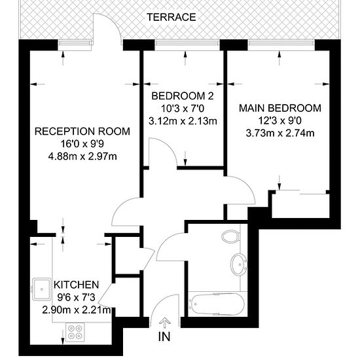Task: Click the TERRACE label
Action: [x=171, y=17]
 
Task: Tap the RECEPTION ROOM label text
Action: [x=82, y=131]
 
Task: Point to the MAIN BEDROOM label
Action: [x=279, y=108]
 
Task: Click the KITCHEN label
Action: [x=76, y=285]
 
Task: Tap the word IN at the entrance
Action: [x=166, y=338]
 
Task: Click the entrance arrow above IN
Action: [x=166, y=321]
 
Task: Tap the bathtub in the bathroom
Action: [x=217, y=304]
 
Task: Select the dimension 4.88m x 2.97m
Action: [x=82, y=156]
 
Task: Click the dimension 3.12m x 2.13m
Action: [x=183, y=120]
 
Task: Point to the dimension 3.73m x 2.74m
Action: [x=279, y=133]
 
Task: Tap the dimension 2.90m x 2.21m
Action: [x=76, y=310]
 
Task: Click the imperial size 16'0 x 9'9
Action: [x=82, y=143]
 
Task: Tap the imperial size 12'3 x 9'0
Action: [x=279, y=120]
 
